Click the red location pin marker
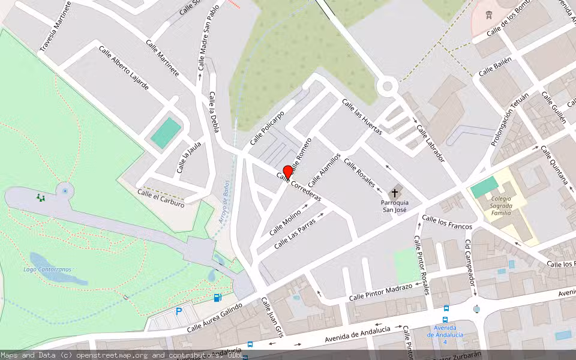pos(287,172)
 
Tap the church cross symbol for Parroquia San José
pos(394,193)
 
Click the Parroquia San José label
pos(395,206)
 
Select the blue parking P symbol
pos(178,311)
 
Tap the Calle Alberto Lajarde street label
pos(124,68)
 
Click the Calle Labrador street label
pos(430,143)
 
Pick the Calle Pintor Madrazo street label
pos(380,292)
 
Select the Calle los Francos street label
pos(447,222)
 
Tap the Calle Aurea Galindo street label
pos(214,318)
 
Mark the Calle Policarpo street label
pos(267,127)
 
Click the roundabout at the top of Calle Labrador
pos(388,86)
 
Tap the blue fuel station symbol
pos(217,298)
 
